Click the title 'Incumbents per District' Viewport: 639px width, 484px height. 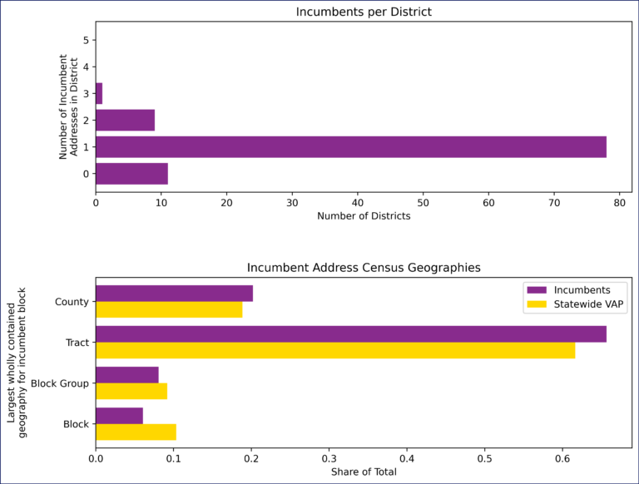tap(364, 12)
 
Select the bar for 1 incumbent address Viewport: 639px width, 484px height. tap(350, 147)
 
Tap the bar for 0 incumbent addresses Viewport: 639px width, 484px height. tap(131, 174)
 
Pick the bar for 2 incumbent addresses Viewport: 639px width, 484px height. tap(125, 121)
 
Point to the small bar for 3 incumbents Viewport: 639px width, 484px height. tap(99, 93)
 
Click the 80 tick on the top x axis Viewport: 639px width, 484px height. tap(619, 201)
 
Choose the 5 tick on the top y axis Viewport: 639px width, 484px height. tap(86, 40)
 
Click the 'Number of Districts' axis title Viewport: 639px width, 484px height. tap(364, 216)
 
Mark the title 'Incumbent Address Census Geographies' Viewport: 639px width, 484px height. tap(364, 268)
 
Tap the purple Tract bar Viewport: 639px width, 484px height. tap(350, 334)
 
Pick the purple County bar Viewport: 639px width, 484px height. tap(174, 294)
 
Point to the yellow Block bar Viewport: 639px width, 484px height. tap(136, 432)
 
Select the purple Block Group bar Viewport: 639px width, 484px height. tap(127, 375)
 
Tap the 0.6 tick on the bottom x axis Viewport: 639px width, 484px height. tap(562, 457)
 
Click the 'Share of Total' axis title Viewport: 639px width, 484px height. tap(364, 472)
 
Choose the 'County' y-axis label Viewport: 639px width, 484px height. tap(72, 302)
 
